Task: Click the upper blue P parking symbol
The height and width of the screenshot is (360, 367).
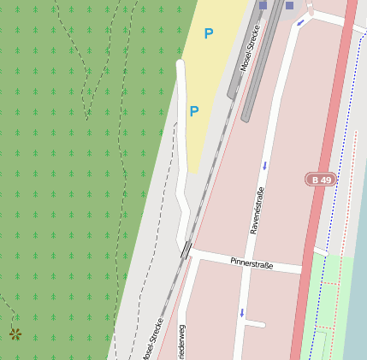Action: tap(208, 34)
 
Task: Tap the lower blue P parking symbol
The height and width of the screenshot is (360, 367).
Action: tap(194, 112)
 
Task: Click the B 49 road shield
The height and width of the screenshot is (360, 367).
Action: tap(321, 180)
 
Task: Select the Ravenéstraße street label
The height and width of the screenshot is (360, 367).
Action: tap(256, 211)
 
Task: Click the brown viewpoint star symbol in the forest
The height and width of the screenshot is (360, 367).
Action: tap(15, 334)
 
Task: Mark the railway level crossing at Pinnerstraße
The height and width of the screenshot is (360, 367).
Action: tap(186, 250)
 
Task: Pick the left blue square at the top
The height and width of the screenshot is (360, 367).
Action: tap(263, 5)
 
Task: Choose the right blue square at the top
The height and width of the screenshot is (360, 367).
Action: tap(289, 5)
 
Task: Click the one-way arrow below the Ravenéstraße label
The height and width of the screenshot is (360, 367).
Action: tap(242, 313)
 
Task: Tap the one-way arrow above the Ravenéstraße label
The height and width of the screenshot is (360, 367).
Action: tap(264, 165)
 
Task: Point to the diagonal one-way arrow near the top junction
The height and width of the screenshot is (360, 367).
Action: tap(299, 23)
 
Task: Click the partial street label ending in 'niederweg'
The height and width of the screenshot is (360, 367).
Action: tap(181, 342)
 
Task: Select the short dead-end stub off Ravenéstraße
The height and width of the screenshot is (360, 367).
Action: tap(254, 324)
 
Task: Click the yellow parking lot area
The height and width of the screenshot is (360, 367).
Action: tap(214, 77)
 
